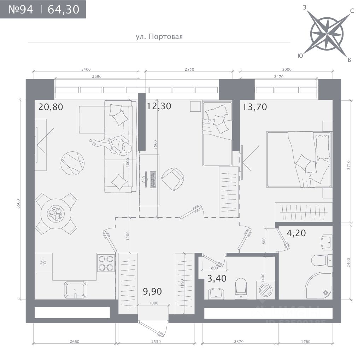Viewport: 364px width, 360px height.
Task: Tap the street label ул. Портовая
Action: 159,36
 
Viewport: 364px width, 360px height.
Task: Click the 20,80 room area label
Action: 51,106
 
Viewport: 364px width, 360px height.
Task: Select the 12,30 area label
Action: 159,106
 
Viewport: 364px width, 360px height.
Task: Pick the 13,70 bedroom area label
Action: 255,106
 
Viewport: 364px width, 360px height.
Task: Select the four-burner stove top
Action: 106,263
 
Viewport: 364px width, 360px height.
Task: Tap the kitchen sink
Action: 75,290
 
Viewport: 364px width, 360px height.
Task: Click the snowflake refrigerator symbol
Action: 43,262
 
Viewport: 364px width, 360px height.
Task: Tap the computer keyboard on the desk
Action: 153,179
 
